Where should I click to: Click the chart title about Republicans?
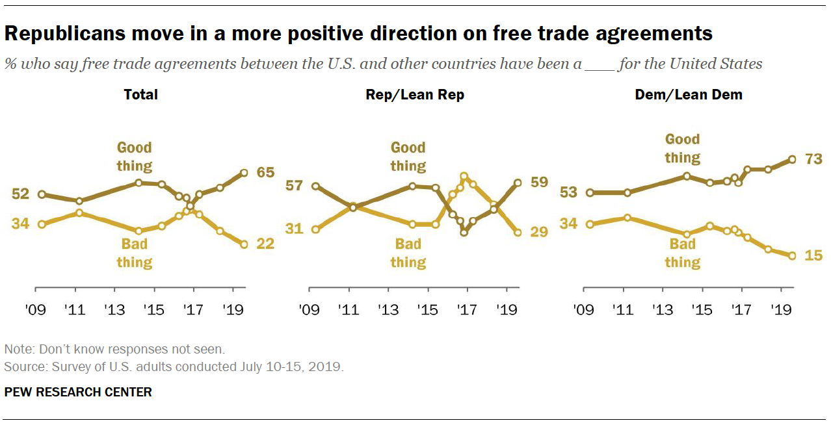[358, 33]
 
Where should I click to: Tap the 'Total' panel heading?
[141, 95]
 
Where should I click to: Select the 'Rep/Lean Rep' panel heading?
[415, 95]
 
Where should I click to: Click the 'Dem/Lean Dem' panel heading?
[689, 95]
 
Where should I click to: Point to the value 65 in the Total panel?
[266, 172]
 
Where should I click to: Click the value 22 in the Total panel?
[266, 244]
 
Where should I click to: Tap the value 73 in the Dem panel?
[813, 159]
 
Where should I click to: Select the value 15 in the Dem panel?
[813, 255]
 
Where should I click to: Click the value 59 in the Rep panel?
[539, 183]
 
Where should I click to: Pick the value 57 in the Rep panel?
[294, 186]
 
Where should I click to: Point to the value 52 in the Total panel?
[21, 194]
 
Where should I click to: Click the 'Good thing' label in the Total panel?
[135, 157]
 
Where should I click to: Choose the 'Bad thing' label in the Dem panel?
[682, 253]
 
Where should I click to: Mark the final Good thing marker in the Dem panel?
[792, 159]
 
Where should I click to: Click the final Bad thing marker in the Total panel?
[244, 244]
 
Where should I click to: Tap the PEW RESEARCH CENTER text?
[78, 392]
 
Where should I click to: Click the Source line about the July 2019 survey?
[174, 367]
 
